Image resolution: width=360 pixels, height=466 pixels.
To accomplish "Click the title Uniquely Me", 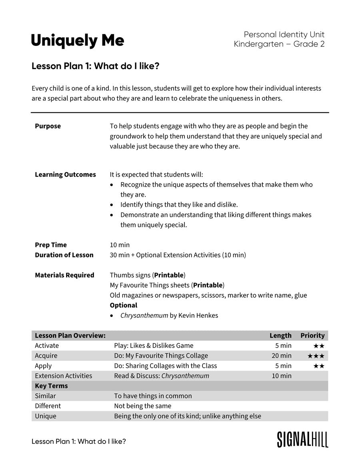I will coord(78,41).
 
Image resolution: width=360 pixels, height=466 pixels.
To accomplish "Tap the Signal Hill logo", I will coord(302,439).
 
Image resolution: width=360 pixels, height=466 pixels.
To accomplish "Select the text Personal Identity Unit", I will coord(284,35).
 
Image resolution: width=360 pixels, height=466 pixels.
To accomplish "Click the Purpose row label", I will coord(48,126).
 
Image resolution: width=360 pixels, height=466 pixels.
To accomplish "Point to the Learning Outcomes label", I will coord(65,175).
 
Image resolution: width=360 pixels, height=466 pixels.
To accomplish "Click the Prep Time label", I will coord(51,245).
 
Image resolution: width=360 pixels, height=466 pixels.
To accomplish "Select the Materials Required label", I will coord(64,275).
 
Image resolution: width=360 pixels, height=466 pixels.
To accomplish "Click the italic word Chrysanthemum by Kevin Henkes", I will coord(144,316).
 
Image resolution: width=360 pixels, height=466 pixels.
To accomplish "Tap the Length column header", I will coord(280,336).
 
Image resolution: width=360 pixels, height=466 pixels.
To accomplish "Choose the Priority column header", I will coord(312,336).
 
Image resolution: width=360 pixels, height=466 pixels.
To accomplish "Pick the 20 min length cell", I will coord(282,356).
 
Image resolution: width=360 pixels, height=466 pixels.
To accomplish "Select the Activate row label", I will coord(47,346).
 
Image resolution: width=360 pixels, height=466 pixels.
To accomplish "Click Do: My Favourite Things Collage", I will coord(161,356).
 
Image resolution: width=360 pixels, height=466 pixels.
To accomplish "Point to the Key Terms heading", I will coord(51,386).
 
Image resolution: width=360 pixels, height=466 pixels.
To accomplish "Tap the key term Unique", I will coord(46,416).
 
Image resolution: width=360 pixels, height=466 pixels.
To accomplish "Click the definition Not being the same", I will coord(142,406).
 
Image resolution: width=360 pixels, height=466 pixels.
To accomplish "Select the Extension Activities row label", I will coord(63,376).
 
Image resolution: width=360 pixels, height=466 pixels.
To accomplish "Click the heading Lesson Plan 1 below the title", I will coord(95,66).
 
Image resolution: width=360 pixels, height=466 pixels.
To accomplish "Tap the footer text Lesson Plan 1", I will coord(78,442).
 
